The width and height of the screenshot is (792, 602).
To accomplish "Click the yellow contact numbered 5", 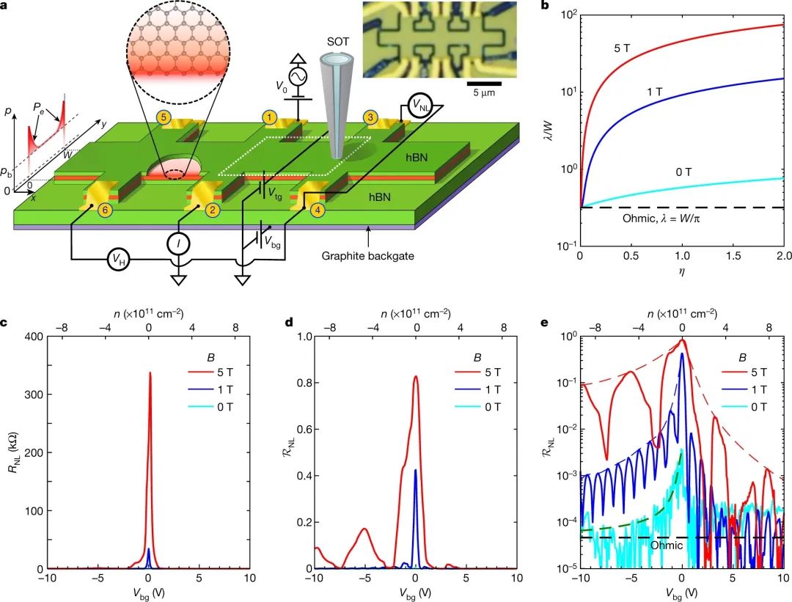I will pos(165,116).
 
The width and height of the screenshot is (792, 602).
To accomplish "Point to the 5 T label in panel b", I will pos(623,50).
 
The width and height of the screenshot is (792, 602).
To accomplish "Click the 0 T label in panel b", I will pos(684,173).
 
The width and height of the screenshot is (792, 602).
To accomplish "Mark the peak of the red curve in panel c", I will pos(150,372).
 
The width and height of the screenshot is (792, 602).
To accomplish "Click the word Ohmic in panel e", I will pos(667,546).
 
